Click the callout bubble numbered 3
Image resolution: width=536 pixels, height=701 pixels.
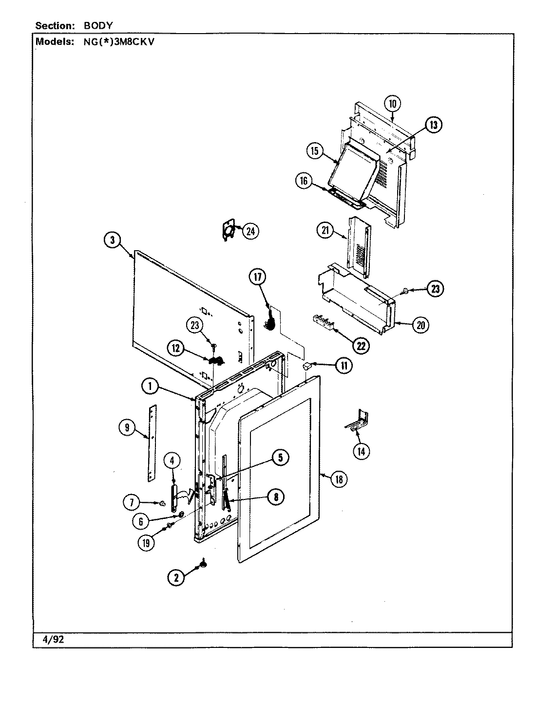tap(112, 240)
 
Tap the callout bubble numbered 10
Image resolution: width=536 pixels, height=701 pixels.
tap(393, 104)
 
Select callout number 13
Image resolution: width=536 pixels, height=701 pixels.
tap(433, 125)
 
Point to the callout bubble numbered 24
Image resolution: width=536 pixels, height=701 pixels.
tap(250, 231)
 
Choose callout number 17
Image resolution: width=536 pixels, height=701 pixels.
tap(258, 277)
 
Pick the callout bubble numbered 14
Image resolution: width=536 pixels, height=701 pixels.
tap(361, 451)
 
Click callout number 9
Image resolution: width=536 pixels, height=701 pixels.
tap(127, 428)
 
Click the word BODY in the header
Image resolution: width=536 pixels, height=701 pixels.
tap(95, 25)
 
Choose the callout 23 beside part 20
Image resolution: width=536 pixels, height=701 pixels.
tap(435, 289)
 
